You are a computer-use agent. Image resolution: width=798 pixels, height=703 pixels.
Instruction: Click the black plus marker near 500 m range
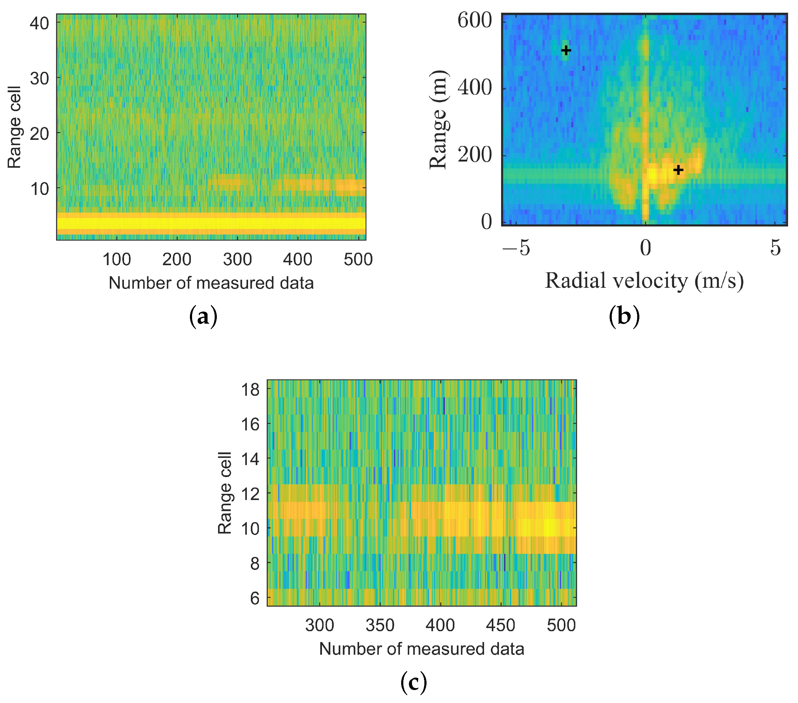(x=566, y=50)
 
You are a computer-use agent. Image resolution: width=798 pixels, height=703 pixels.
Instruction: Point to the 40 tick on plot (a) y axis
(x=39, y=24)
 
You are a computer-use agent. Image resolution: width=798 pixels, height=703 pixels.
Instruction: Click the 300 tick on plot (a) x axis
(x=237, y=259)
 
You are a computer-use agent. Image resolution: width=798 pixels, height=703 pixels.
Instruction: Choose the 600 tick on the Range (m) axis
(x=475, y=20)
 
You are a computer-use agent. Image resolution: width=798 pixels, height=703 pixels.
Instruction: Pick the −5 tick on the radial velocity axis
(x=516, y=248)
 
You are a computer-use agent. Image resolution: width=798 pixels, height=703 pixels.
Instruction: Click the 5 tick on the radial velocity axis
(x=775, y=248)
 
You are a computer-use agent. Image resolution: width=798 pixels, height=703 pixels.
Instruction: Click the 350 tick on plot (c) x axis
(x=380, y=625)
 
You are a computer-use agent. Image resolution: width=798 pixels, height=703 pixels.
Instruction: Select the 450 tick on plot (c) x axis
(x=500, y=625)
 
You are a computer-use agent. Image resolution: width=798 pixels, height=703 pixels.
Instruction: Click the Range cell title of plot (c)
(x=225, y=493)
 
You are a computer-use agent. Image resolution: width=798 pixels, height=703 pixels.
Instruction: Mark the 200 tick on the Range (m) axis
(x=475, y=155)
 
